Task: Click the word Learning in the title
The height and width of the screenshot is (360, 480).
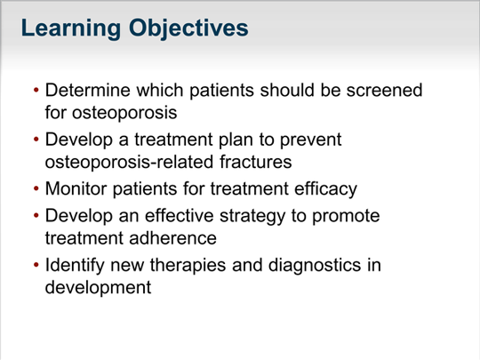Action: tap(71, 28)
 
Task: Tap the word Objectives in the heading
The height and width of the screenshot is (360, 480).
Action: tap(188, 28)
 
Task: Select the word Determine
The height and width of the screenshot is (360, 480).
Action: tap(88, 90)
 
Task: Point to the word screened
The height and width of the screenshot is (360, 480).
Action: tap(384, 90)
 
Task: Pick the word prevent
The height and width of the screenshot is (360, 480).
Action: tap(311, 140)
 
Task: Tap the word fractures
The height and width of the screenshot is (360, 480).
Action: tap(256, 162)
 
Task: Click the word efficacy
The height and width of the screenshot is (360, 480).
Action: tap(325, 188)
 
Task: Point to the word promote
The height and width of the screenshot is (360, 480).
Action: tap(346, 216)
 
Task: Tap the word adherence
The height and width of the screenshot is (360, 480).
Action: tap(173, 238)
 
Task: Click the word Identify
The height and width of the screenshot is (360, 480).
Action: tap(75, 265)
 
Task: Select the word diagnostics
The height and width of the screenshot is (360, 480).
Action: tap(315, 265)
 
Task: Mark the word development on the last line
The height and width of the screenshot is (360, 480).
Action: tap(98, 287)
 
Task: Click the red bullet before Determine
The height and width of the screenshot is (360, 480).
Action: tap(36, 90)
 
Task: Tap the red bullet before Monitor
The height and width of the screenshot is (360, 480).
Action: tap(36, 188)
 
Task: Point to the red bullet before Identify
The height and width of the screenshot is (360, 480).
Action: tap(36, 265)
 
